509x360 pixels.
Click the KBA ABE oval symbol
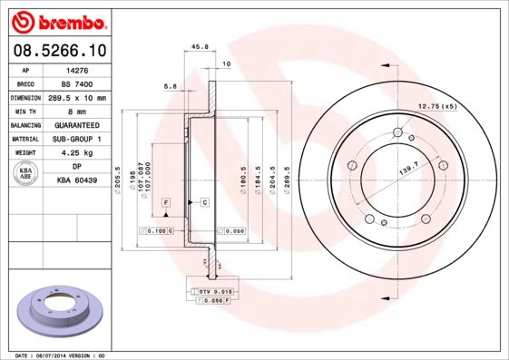[x=26, y=173]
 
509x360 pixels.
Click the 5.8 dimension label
[x=170, y=86]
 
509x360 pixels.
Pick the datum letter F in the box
[x=167, y=200]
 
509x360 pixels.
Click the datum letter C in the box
[x=205, y=200]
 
